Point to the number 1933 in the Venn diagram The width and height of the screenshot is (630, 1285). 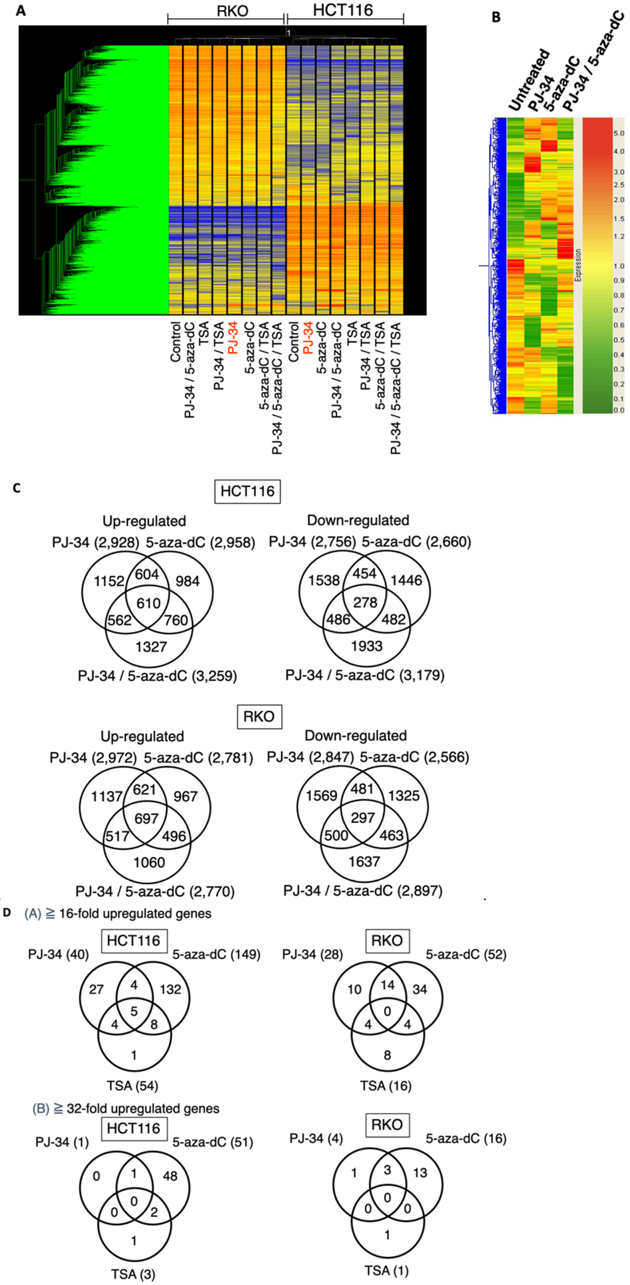pos(367,646)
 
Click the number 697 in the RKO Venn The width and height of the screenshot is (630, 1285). pos(146,818)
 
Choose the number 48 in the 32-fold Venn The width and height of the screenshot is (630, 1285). pos(170,1176)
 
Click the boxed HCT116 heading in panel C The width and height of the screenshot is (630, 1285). pos(247,491)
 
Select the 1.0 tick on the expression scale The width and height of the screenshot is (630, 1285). pos(619,266)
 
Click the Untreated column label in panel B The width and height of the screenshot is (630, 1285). pos(529,80)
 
